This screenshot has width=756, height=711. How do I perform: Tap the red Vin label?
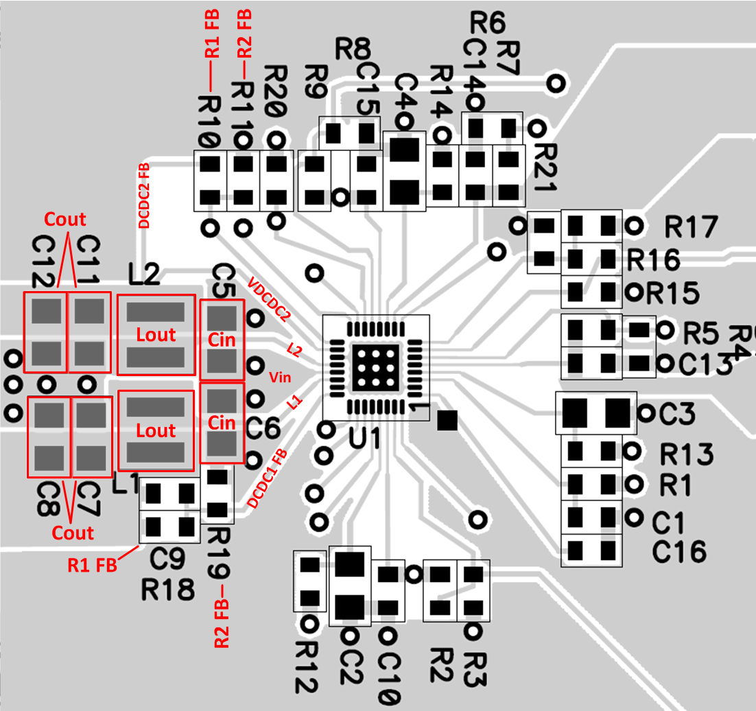coord(281,377)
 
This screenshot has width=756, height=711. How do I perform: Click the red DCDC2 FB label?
coord(145,196)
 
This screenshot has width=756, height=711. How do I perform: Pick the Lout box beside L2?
coord(156,335)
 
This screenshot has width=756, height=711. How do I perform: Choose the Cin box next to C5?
coord(222,340)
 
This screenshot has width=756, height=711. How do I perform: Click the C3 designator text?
coord(677,415)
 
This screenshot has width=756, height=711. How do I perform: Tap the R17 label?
coord(690,226)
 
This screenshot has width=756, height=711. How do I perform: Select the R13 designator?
coord(686,454)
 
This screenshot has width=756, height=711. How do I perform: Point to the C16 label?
coord(678,551)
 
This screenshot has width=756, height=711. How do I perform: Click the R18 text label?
coord(167,590)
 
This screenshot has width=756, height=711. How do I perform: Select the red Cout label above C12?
coord(65,220)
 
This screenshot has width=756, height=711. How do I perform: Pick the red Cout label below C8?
coord(73,533)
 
